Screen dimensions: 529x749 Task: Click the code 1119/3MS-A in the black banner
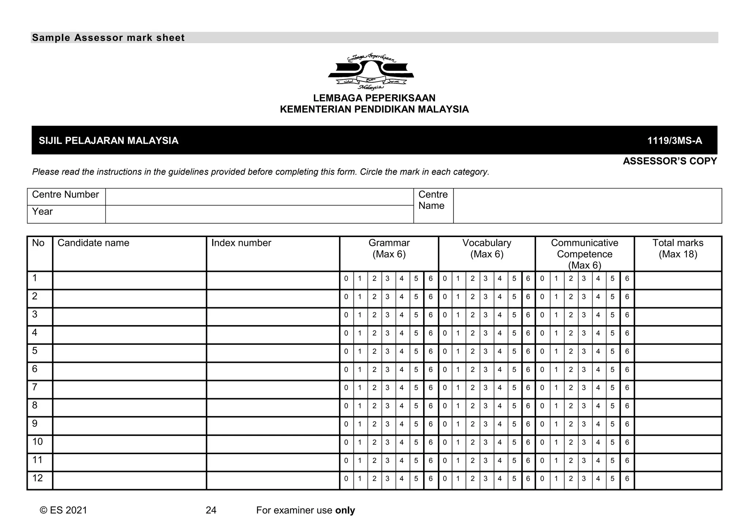(x=674, y=141)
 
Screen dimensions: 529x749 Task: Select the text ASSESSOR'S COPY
(x=670, y=161)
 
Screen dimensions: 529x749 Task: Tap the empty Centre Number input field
(x=259, y=197)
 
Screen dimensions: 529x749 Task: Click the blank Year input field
(x=259, y=214)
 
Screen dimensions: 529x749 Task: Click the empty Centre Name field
(x=587, y=206)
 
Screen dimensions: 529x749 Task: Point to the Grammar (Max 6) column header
(x=389, y=248)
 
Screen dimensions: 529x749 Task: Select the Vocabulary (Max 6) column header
(x=486, y=248)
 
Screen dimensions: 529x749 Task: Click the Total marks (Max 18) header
(x=678, y=248)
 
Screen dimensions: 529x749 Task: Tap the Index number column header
(x=241, y=243)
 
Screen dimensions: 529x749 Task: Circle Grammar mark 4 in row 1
(x=402, y=279)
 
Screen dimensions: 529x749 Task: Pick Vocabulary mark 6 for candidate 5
(x=528, y=351)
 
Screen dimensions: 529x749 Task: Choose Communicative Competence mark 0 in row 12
(x=542, y=479)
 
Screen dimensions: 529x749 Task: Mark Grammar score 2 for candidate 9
(x=374, y=424)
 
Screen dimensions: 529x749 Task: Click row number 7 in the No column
(x=35, y=387)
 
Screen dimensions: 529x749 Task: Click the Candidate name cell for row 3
(x=129, y=316)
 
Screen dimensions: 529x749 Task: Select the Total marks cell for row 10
(x=678, y=444)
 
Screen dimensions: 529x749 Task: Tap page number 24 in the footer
(x=211, y=510)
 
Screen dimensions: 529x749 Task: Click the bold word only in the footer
(x=345, y=510)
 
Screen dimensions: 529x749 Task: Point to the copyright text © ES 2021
(x=63, y=510)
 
